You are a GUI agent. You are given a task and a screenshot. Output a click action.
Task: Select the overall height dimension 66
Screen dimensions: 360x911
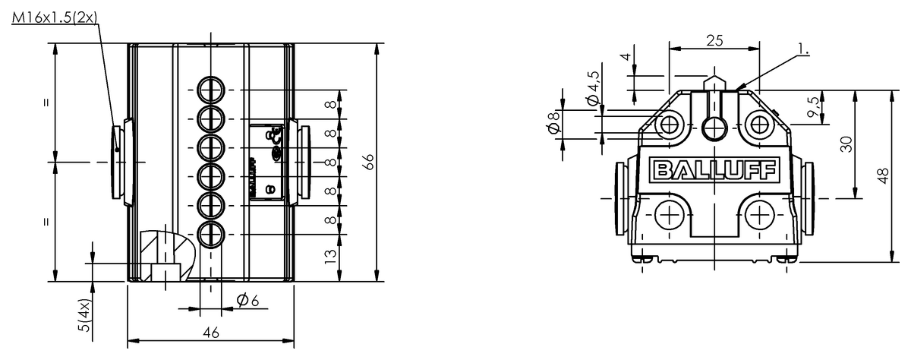coord(368,162)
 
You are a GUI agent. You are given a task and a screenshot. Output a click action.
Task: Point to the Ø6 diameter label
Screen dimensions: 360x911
coord(248,300)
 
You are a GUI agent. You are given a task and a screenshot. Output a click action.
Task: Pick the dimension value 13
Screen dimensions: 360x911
coord(329,257)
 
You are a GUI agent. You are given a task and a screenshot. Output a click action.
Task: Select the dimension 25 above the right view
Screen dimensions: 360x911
coord(714,41)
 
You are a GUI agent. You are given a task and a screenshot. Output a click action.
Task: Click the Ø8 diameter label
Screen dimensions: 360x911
coord(553,124)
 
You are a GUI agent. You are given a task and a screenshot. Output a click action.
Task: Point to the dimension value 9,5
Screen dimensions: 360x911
coord(814,109)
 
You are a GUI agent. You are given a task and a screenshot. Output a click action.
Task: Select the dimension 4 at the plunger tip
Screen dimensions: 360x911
coord(625,58)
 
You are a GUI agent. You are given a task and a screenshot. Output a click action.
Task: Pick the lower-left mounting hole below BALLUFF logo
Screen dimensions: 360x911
coord(669,216)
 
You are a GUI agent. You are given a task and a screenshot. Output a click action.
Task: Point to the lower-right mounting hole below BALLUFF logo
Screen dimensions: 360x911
coord(759,216)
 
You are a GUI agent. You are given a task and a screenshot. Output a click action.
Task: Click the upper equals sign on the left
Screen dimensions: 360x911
coord(47,103)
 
